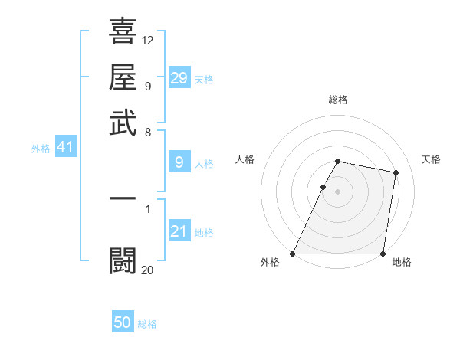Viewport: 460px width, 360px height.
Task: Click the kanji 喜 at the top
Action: pos(123,32)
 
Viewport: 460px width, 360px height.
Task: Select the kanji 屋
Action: pos(123,77)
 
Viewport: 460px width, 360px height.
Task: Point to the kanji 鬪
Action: pos(123,260)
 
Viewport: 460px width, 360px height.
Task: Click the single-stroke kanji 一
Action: pos(123,198)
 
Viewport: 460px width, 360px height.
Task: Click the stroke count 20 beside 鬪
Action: pos(148,269)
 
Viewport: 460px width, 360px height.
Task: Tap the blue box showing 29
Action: pos(179,77)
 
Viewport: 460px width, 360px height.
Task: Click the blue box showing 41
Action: pos(65,147)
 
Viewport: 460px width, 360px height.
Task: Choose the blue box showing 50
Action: pos(123,322)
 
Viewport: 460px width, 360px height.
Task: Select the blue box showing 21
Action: pos(179,232)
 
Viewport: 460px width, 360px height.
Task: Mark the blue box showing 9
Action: pos(179,162)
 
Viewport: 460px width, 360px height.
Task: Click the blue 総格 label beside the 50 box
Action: pos(147,324)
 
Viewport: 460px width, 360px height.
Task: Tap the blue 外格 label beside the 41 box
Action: pos(41,149)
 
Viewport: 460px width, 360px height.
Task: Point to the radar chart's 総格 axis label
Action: pos(338,100)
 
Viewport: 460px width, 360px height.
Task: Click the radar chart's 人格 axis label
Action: pos(245,159)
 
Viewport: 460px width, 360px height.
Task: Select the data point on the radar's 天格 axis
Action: pos(396,173)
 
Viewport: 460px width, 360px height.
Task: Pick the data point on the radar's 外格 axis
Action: pos(293,254)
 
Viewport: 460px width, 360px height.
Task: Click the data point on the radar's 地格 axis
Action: pos(383,254)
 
